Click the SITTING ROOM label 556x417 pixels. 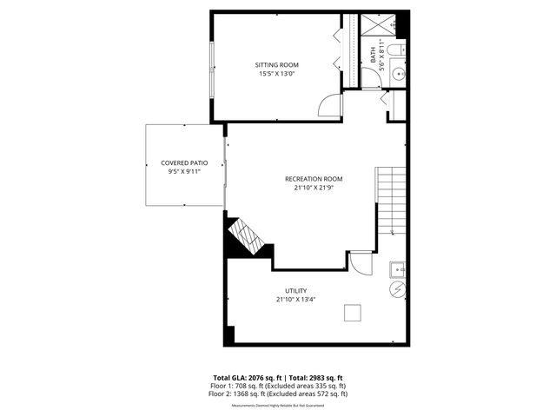point(276,65)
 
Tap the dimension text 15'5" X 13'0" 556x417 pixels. point(276,75)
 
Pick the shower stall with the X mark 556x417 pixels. point(377,24)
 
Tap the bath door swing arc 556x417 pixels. point(371,81)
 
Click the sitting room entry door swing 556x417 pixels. point(331,106)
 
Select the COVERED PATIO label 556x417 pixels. point(184,163)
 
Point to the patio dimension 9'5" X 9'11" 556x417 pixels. point(184,173)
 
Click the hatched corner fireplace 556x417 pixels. point(244,235)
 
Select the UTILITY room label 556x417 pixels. point(295,291)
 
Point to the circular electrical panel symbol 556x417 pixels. point(397,288)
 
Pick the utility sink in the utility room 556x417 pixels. point(397,268)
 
